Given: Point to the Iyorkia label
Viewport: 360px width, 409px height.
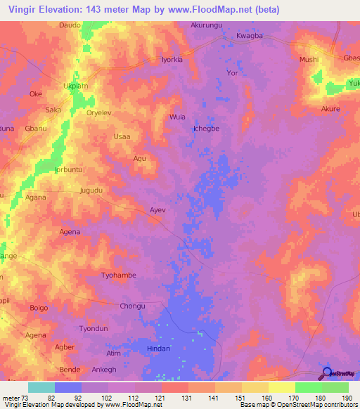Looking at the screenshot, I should pos(172,60).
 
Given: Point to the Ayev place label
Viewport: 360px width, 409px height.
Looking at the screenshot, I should pos(157,209).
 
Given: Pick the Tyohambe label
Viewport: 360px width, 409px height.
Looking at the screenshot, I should pos(119,275).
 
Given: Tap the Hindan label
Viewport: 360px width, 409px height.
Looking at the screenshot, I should pos(158,348).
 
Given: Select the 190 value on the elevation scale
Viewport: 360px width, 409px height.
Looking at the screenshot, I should pos(346,398).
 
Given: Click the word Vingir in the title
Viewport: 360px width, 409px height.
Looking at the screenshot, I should pos(25,10).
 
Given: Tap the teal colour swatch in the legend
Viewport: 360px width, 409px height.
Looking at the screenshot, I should pos(41,387).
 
